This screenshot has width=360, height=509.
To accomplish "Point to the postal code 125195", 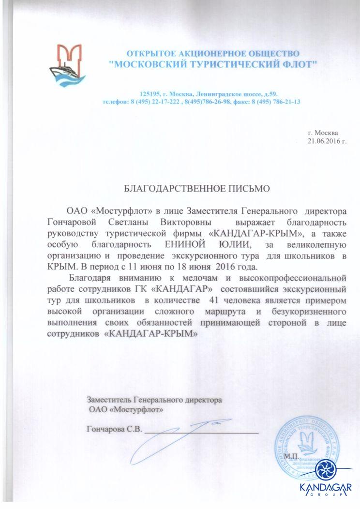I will point(150,93).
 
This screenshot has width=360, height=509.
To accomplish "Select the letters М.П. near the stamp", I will point(291,456).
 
